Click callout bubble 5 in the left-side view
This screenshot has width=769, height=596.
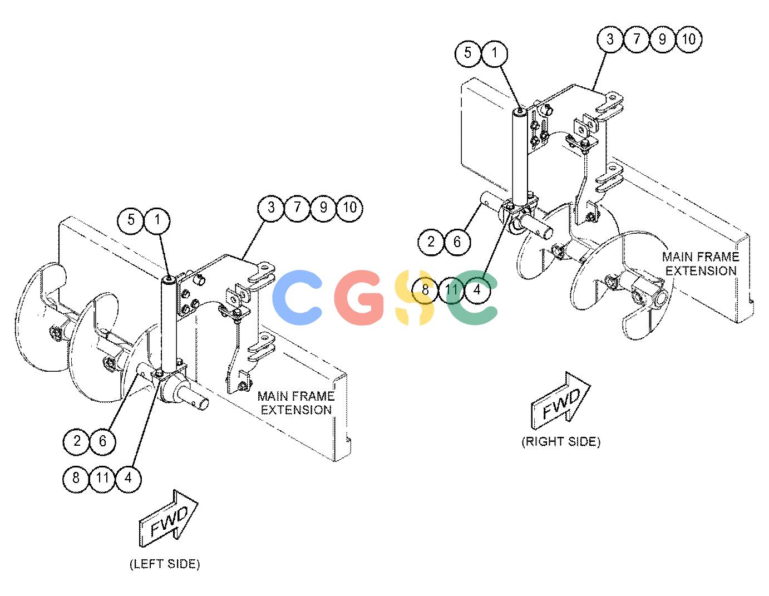(x=131, y=220)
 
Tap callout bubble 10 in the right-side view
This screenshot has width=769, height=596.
(x=689, y=39)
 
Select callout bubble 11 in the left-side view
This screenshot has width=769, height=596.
(x=102, y=479)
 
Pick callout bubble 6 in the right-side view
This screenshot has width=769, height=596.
(x=457, y=242)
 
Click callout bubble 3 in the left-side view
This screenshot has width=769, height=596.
(x=271, y=208)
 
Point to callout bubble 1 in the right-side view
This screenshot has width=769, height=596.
(x=494, y=53)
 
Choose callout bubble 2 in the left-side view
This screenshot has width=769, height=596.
(x=76, y=441)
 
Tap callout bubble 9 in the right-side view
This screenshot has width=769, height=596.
(x=663, y=39)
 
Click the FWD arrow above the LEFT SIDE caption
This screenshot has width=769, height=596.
(x=168, y=519)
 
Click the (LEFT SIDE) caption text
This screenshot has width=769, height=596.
(x=165, y=564)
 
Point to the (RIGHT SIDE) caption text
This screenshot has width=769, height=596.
(x=561, y=442)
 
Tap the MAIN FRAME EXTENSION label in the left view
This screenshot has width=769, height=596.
(x=296, y=403)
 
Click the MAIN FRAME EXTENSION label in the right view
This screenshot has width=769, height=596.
(x=701, y=264)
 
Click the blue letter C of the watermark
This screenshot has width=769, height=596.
(x=297, y=297)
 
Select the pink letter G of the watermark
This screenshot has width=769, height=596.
(x=358, y=297)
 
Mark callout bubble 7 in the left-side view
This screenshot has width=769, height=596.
(x=297, y=208)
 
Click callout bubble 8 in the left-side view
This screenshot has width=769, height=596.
(x=76, y=479)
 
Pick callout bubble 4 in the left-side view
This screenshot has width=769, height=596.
(x=128, y=479)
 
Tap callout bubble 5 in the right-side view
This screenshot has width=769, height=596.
(x=468, y=53)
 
